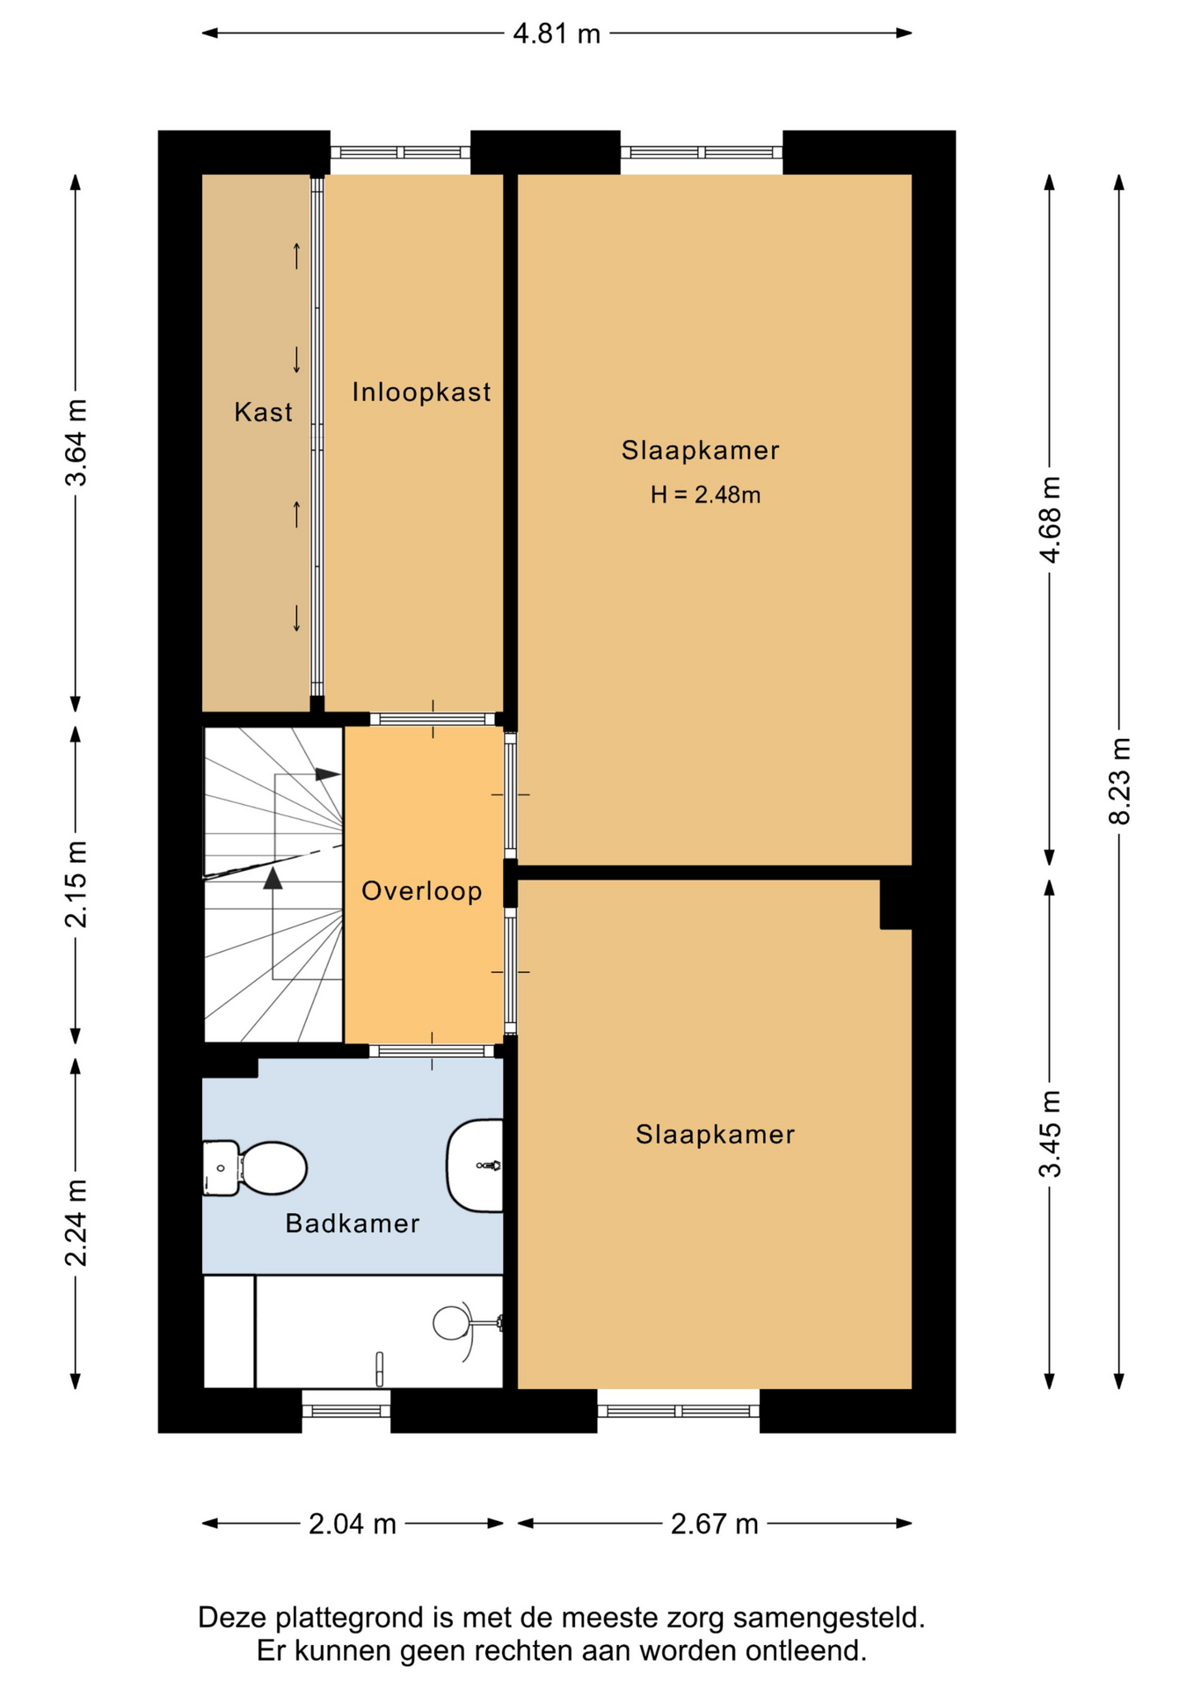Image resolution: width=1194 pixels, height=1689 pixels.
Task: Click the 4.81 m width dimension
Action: click(557, 33)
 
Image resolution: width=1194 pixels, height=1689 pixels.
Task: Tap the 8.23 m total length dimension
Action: click(1119, 781)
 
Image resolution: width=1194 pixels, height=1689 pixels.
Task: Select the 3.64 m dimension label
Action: click(76, 442)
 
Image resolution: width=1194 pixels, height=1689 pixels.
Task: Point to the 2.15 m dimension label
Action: click(76, 884)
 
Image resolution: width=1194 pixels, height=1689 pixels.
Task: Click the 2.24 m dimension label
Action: click(76, 1223)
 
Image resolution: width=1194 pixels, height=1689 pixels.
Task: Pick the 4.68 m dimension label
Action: click(1050, 519)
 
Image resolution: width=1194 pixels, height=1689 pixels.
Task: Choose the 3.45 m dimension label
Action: click(1050, 1133)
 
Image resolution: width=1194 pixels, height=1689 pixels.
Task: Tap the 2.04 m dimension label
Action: click(353, 1524)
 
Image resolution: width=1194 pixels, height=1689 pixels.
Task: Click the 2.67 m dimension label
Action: click(715, 1524)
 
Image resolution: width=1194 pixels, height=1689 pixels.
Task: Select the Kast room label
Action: click(263, 412)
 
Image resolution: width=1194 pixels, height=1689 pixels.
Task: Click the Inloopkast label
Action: click(421, 391)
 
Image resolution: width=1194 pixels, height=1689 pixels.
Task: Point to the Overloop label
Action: click(422, 891)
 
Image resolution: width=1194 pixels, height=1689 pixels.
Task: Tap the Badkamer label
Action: click(353, 1224)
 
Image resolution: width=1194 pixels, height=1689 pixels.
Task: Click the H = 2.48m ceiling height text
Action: click(705, 495)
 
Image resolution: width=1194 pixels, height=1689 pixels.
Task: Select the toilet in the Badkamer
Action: click(255, 1168)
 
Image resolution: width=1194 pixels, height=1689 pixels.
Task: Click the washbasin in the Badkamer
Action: click(475, 1166)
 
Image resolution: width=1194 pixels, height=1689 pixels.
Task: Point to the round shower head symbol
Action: click(450, 1322)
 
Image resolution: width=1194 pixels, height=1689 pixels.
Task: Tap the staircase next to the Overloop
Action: click(273, 884)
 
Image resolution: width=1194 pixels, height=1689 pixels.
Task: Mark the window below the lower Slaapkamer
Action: click(679, 1410)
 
